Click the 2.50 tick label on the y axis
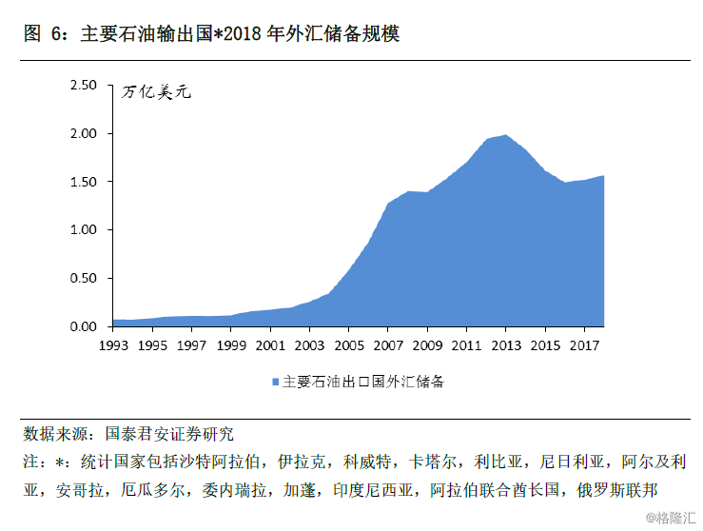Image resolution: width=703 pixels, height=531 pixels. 84,86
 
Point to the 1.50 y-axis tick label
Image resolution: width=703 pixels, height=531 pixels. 84,182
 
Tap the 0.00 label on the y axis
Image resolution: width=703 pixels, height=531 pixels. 84,326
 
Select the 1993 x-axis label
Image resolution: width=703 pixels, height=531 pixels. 113,345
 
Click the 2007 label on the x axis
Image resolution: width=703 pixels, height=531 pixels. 388,345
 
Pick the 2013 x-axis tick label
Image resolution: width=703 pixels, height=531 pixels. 506,345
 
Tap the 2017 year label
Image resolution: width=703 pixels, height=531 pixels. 585,345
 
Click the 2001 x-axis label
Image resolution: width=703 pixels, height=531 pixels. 270,345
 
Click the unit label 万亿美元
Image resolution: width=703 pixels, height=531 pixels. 156,92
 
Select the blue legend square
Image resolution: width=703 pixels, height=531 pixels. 276,383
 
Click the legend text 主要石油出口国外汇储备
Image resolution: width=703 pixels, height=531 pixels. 363,382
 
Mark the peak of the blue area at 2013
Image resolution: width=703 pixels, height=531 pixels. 506,134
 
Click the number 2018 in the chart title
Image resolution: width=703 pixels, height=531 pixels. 243,33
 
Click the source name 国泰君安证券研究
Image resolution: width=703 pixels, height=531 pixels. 169,434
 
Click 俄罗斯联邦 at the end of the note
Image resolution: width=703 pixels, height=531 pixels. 617,490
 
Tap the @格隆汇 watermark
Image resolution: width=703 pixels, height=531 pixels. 671,518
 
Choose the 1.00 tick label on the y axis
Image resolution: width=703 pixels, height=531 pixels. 84,229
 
